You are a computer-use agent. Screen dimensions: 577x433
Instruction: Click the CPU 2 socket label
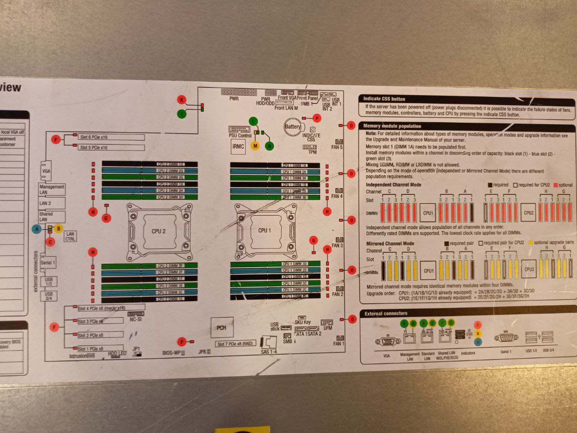pyautogui.click(x=158, y=231)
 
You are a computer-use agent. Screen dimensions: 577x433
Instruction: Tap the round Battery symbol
pyautogui.click(x=293, y=127)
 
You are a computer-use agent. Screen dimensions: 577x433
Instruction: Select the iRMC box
pyautogui.click(x=238, y=147)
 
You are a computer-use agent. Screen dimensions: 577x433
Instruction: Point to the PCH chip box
pyautogui.click(x=221, y=327)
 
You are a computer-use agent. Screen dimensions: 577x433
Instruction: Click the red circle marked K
pyautogui.click(x=182, y=100)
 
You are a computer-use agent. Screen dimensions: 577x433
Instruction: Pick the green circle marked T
pyautogui.click(x=182, y=114)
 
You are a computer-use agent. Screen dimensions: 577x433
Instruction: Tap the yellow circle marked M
pyautogui.click(x=255, y=146)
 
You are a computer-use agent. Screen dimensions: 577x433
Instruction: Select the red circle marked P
pyautogui.click(x=317, y=118)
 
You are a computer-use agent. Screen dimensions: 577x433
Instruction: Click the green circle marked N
pyautogui.click(x=270, y=146)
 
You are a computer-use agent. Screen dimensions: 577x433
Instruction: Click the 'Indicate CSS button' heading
pyautogui.click(x=385, y=99)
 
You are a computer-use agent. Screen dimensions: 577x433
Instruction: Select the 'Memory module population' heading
pyautogui.click(x=392, y=126)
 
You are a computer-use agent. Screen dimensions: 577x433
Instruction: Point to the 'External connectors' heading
pyautogui.click(x=386, y=313)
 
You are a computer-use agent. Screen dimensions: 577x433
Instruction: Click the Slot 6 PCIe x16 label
pyautogui.click(x=94, y=137)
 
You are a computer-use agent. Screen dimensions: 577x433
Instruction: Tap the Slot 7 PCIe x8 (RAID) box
pyautogui.click(x=235, y=344)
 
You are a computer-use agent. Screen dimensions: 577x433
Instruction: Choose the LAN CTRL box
pyautogui.click(x=70, y=236)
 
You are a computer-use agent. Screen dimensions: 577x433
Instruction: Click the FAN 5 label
pyautogui.click(x=337, y=147)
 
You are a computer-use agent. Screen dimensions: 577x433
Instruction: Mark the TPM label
pyautogui.click(x=312, y=152)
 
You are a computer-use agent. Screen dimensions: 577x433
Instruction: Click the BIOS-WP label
pyautogui.click(x=172, y=352)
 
